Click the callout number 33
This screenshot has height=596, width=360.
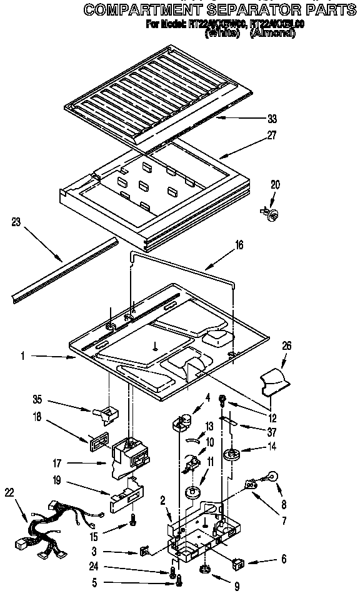271,119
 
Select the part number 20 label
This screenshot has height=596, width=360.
275,185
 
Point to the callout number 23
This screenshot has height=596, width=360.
17,221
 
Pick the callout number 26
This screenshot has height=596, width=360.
286,345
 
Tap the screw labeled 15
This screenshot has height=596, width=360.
132,519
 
